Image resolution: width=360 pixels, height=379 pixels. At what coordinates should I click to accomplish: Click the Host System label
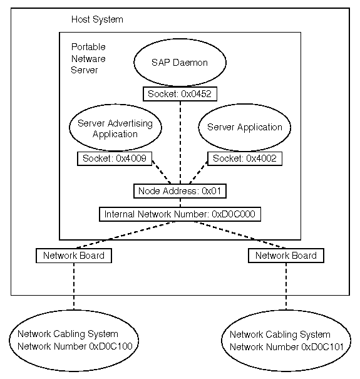[97, 19]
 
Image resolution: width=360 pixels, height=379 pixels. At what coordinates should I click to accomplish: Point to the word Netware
[88, 59]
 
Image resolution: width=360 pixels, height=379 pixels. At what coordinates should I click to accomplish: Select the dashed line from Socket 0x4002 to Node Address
[198, 172]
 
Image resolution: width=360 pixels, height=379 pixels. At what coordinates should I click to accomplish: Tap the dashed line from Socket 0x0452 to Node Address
[180, 143]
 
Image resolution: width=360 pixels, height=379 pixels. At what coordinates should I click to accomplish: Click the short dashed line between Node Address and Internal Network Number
[180, 202]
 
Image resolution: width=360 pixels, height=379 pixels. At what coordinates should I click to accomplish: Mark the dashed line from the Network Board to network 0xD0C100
[74, 286]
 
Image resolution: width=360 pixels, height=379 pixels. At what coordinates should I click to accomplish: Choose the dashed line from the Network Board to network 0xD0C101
[286, 286]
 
